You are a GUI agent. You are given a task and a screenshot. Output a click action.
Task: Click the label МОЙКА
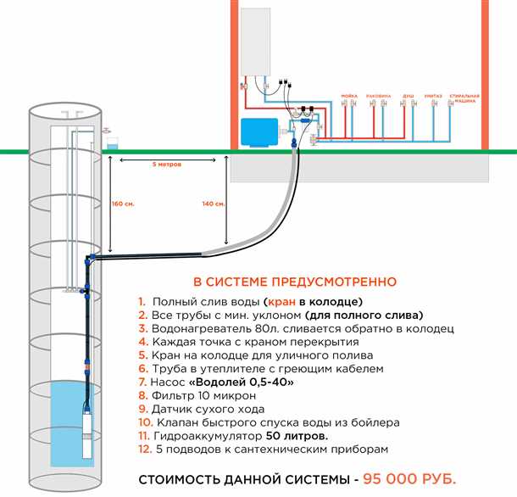pyautogui.click(x=349, y=96)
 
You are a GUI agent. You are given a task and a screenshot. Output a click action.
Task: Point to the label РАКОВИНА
pyautogui.click(x=378, y=96)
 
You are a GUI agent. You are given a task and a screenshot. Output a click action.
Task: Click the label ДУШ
pyautogui.click(x=408, y=96)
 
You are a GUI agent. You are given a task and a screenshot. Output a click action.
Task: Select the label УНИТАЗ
pyautogui.click(x=434, y=96)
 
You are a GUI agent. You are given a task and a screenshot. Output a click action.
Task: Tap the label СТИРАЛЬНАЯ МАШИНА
pyautogui.click(x=464, y=98)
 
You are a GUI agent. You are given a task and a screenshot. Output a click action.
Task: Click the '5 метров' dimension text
pyautogui.click(x=167, y=163)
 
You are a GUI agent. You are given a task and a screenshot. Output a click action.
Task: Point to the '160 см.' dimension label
pyautogui.click(x=123, y=204)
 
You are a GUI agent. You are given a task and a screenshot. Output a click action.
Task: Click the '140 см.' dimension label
pyautogui.click(x=214, y=204)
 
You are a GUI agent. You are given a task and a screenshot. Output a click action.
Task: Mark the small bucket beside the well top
pyautogui.click(x=111, y=141)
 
